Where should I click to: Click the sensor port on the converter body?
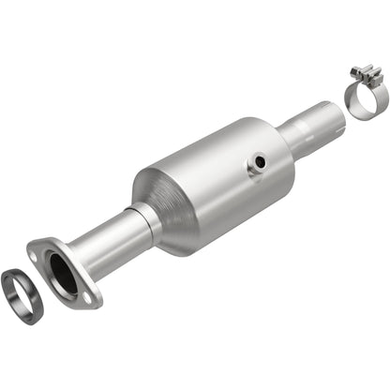256,165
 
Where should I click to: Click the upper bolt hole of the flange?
38,249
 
